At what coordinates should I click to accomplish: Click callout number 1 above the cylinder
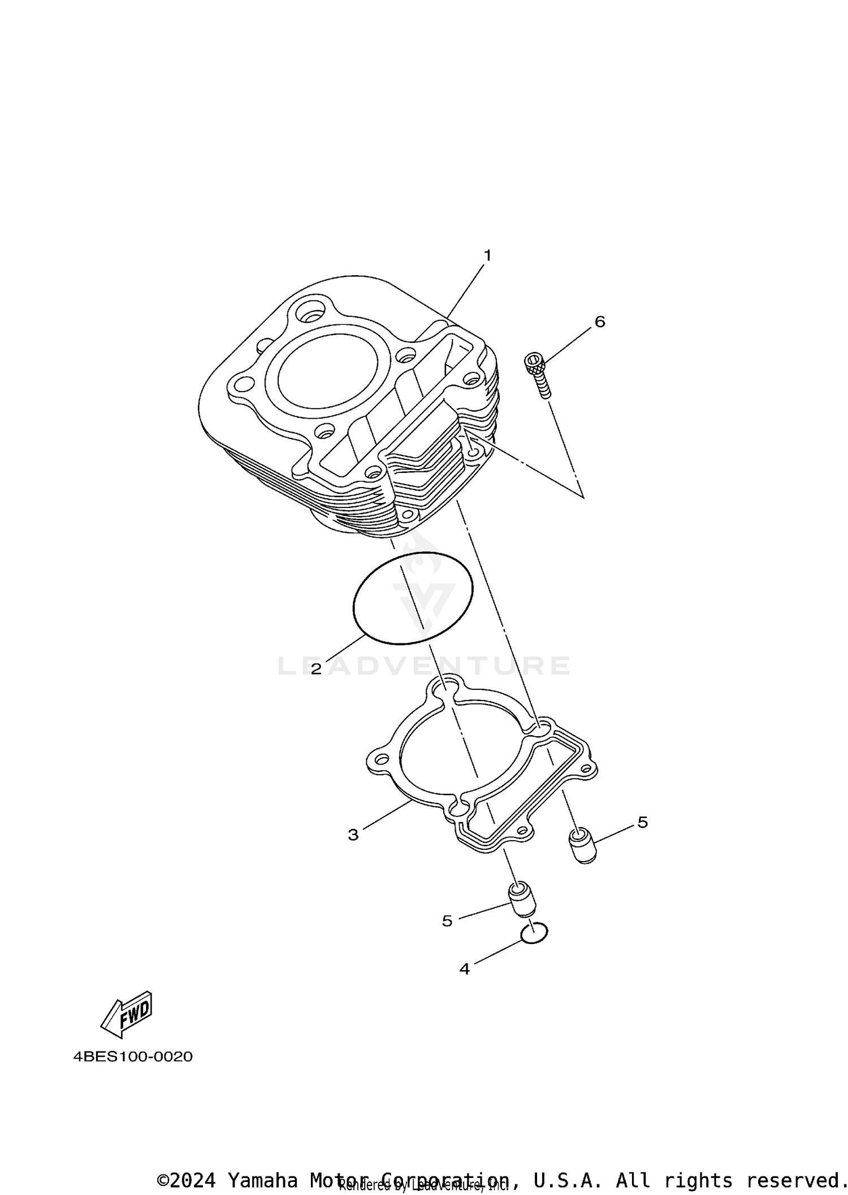487,255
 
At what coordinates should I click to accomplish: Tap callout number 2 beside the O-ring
316,670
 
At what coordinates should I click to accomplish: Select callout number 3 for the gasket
353,835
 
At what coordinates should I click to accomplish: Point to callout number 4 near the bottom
464,969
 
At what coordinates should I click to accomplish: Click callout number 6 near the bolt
600,321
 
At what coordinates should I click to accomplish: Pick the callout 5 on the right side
642,822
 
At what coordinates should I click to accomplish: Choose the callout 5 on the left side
447,921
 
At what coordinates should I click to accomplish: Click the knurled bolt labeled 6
538,373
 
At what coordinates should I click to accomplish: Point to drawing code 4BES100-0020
133,1056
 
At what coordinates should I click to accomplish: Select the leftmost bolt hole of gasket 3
383,759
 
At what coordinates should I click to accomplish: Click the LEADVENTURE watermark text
424,666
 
